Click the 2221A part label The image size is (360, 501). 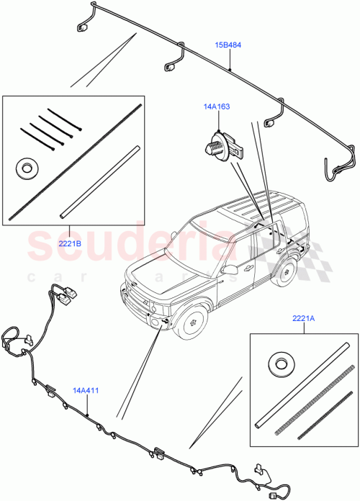click(x=303, y=318)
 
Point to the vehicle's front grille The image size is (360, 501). click(x=138, y=299)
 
